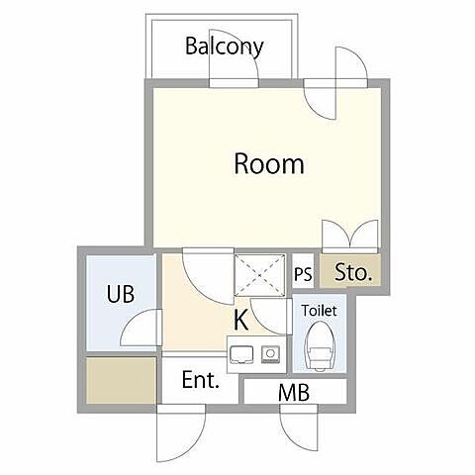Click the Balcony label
click(x=225, y=47)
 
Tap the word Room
click(x=269, y=163)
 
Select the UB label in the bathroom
click(x=121, y=294)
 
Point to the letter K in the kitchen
click(x=241, y=321)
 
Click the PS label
click(x=303, y=273)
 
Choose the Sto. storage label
click(x=353, y=272)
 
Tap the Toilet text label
click(x=319, y=311)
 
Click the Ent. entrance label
click(x=201, y=380)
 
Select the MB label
click(x=294, y=393)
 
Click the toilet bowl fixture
click(x=320, y=345)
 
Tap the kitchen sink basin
click(x=241, y=355)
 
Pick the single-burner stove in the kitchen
click(x=271, y=354)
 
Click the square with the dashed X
click(x=259, y=275)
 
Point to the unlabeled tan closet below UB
click(x=121, y=380)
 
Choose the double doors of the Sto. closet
click(x=350, y=234)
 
